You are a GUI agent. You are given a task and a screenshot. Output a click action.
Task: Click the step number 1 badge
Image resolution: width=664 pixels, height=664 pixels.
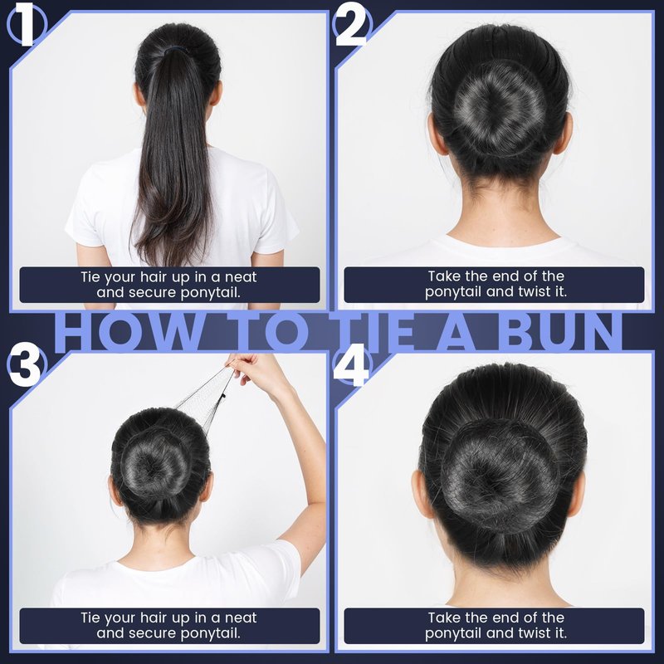tap(27, 27)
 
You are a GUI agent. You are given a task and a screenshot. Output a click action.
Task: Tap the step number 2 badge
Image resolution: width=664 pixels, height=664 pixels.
tap(351, 27)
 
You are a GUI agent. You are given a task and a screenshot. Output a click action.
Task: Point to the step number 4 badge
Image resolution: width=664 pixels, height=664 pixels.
tap(351, 365)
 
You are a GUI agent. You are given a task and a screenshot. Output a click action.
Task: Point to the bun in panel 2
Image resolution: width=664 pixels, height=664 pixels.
tap(499, 107)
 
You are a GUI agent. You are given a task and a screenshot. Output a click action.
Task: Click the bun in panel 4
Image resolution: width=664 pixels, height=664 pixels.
tap(500, 475)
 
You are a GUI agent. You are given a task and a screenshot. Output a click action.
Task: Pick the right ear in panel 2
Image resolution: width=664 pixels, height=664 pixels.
tap(564, 134)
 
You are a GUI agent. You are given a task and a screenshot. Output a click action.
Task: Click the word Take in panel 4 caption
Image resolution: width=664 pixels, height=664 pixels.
tap(444, 618)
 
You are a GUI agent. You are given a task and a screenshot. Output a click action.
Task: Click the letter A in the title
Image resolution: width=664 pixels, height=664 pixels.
tap(458, 333)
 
